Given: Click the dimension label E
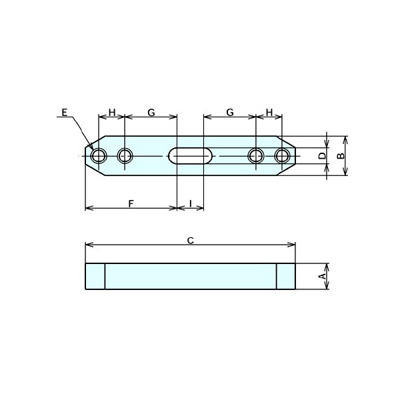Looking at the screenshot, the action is pos(65,112).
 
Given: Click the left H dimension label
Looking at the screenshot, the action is pos(112,112).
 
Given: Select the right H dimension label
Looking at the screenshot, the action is pos(269,112).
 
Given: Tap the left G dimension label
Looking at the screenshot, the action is pos(151,112).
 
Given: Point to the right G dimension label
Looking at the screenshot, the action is pos(230,112).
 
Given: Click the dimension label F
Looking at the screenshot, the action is pos(131,204).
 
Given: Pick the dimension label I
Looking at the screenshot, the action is pos(191,203).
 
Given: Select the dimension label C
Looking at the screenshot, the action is pos(191,240).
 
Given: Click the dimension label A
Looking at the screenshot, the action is pos(323,276).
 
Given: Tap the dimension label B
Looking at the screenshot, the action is pos(341,156).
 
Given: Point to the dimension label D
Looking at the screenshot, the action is pos(323,156).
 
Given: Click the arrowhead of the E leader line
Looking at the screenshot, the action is pos(91,147).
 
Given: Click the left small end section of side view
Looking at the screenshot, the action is pos(95,276).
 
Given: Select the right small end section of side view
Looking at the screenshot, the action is pos(286,276).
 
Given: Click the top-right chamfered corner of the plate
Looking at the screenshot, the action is pos(286,142).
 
